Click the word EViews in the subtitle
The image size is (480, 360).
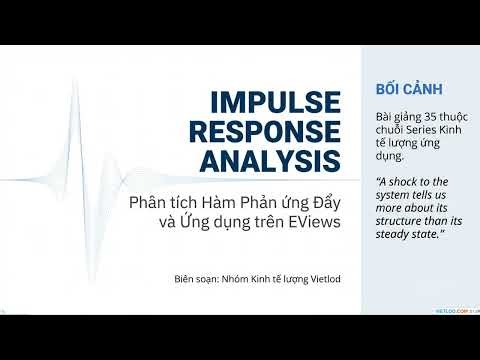pos(314,221)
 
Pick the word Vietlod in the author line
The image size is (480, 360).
pos(321,277)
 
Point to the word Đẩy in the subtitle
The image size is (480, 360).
pos(324,200)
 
